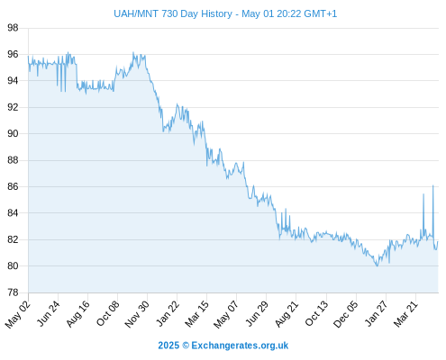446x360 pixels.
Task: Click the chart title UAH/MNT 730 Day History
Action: [173, 13]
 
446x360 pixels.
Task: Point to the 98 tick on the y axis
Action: [13, 28]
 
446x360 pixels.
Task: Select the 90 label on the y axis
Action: [13, 133]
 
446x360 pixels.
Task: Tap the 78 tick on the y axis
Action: [13, 292]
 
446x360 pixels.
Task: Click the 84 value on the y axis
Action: [13, 213]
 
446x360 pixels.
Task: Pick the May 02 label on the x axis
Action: [18, 314]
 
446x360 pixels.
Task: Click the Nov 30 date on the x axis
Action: [137, 314]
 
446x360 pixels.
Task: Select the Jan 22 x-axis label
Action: [168, 314]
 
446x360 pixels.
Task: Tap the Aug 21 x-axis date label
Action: [287, 314]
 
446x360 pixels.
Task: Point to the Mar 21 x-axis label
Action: [405, 314]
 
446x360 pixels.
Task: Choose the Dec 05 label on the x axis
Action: [346, 314]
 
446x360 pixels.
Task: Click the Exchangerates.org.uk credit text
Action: [240, 346]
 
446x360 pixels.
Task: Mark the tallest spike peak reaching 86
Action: [432, 185]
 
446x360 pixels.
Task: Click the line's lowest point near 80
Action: [378, 265]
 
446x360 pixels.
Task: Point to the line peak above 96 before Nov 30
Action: [133, 52]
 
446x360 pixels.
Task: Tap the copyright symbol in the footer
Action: [186, 346]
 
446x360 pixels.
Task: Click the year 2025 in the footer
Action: [168, 346]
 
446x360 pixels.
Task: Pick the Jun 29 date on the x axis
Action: [257, 314]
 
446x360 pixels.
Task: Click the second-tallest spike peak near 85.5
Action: [423, 194]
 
